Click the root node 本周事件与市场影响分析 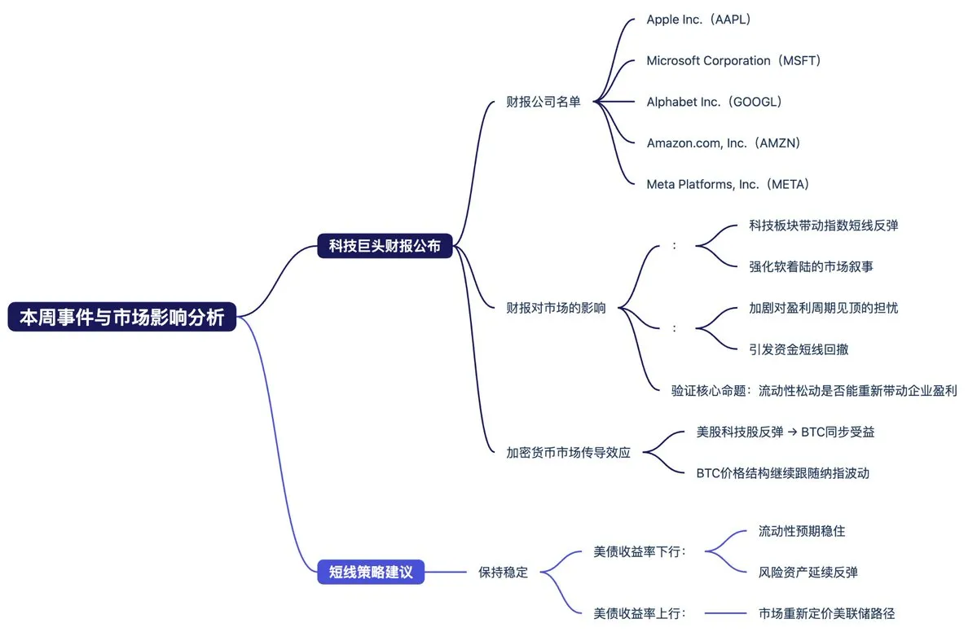122,317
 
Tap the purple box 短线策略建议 371,572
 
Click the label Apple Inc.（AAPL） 698,20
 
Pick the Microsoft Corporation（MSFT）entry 733,61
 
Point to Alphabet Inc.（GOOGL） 714,102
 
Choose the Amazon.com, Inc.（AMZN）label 724,143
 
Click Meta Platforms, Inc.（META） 728,185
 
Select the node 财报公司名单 544,102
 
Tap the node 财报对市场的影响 556,308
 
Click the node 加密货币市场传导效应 568,453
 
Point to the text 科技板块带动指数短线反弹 823,226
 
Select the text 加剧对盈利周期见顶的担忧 823,308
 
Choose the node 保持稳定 503,573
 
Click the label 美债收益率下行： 640,552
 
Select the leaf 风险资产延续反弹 808,573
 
